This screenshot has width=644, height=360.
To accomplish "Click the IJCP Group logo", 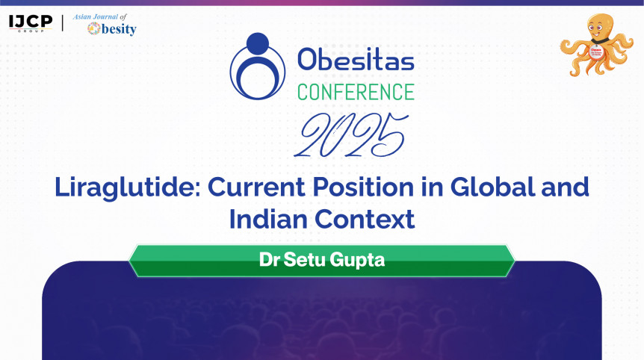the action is (31, 23).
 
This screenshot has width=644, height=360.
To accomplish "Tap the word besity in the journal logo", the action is (119, 29).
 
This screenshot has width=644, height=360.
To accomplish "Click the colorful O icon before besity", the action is (94, 28).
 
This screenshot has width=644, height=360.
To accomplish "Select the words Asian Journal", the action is (96, 17).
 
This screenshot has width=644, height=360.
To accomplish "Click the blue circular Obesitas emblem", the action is (258, 66).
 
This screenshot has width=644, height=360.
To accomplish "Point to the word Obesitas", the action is (356, 60).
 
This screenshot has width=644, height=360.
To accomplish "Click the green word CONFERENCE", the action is (356, 92).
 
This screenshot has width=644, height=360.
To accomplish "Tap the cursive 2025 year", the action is (352, 135).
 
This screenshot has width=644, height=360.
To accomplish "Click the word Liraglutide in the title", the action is (128, 188).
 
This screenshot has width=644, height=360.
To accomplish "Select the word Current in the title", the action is (257, 187).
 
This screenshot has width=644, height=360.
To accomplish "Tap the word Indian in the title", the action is (269, 219).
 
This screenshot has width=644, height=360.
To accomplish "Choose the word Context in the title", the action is (365, 219).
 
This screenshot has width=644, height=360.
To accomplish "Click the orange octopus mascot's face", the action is (600, 27).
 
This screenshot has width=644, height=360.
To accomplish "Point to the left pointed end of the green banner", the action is (129, 261).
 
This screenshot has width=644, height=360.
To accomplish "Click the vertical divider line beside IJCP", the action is (63, 23).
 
